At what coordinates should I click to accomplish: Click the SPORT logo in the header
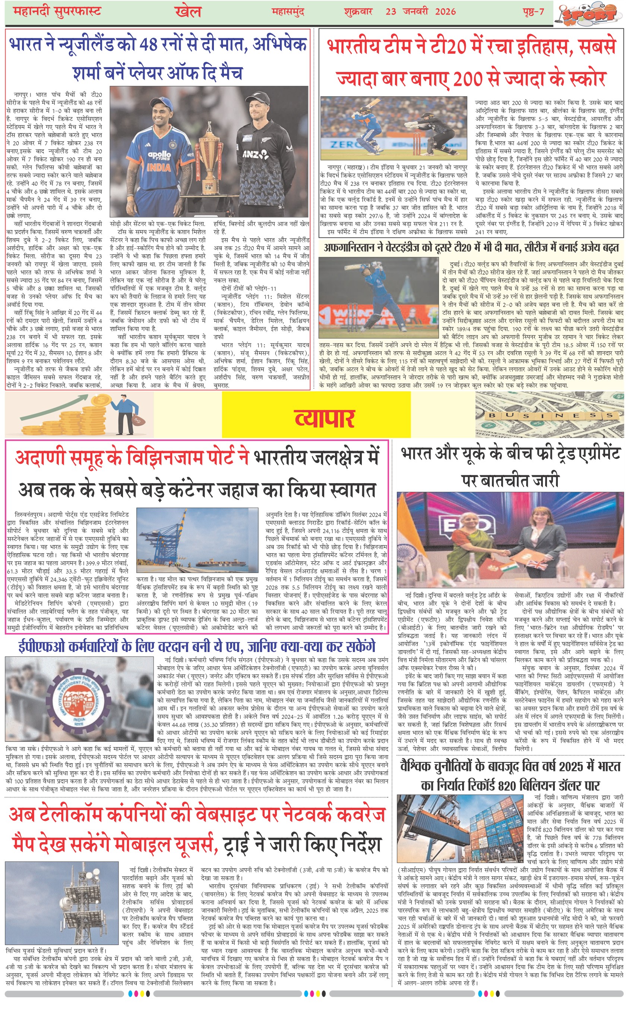[x=590, y=14]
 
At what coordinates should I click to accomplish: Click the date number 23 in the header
[x=391, y=11]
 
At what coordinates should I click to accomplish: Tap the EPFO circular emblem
[x=79, y=700]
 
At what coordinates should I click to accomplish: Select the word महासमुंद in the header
[x=287, y=12]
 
